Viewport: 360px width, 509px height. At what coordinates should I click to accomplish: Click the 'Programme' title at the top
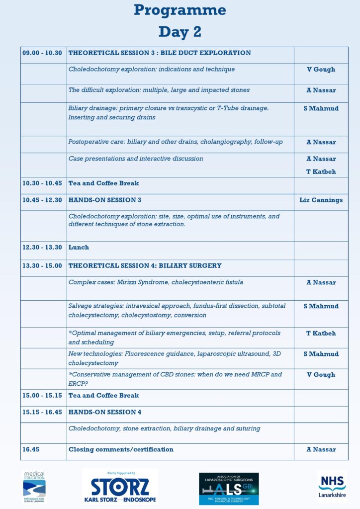point(180,10)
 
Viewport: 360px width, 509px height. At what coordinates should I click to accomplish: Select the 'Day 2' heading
point(180,32)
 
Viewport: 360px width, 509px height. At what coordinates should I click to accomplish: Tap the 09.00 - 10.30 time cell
point(42,53)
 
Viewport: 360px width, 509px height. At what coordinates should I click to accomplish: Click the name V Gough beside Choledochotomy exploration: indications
point(321,70)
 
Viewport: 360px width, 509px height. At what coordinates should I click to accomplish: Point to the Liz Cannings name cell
point(321,200)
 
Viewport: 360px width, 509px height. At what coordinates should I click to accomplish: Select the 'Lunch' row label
point(79,248)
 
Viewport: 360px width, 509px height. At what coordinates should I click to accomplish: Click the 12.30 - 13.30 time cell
point(42,248)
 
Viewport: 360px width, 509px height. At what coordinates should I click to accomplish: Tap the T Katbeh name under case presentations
point(321,172)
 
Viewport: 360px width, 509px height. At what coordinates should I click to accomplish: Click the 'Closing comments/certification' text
point(121,449)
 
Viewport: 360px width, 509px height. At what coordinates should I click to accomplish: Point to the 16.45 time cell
point(31,449)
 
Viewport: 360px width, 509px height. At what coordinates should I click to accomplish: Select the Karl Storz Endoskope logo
point(120,488)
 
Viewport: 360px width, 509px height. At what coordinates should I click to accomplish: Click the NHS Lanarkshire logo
point(332,486)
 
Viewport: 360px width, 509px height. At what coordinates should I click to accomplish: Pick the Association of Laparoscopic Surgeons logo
point(229,488)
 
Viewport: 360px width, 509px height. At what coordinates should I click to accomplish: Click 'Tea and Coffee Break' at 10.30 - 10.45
point(103,183)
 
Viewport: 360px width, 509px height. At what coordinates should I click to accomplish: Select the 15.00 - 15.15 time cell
point(42,396)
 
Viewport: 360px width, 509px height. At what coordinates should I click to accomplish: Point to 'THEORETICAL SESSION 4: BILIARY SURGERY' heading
point(145,266)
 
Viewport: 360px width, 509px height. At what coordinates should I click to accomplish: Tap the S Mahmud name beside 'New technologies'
point(321,354)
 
